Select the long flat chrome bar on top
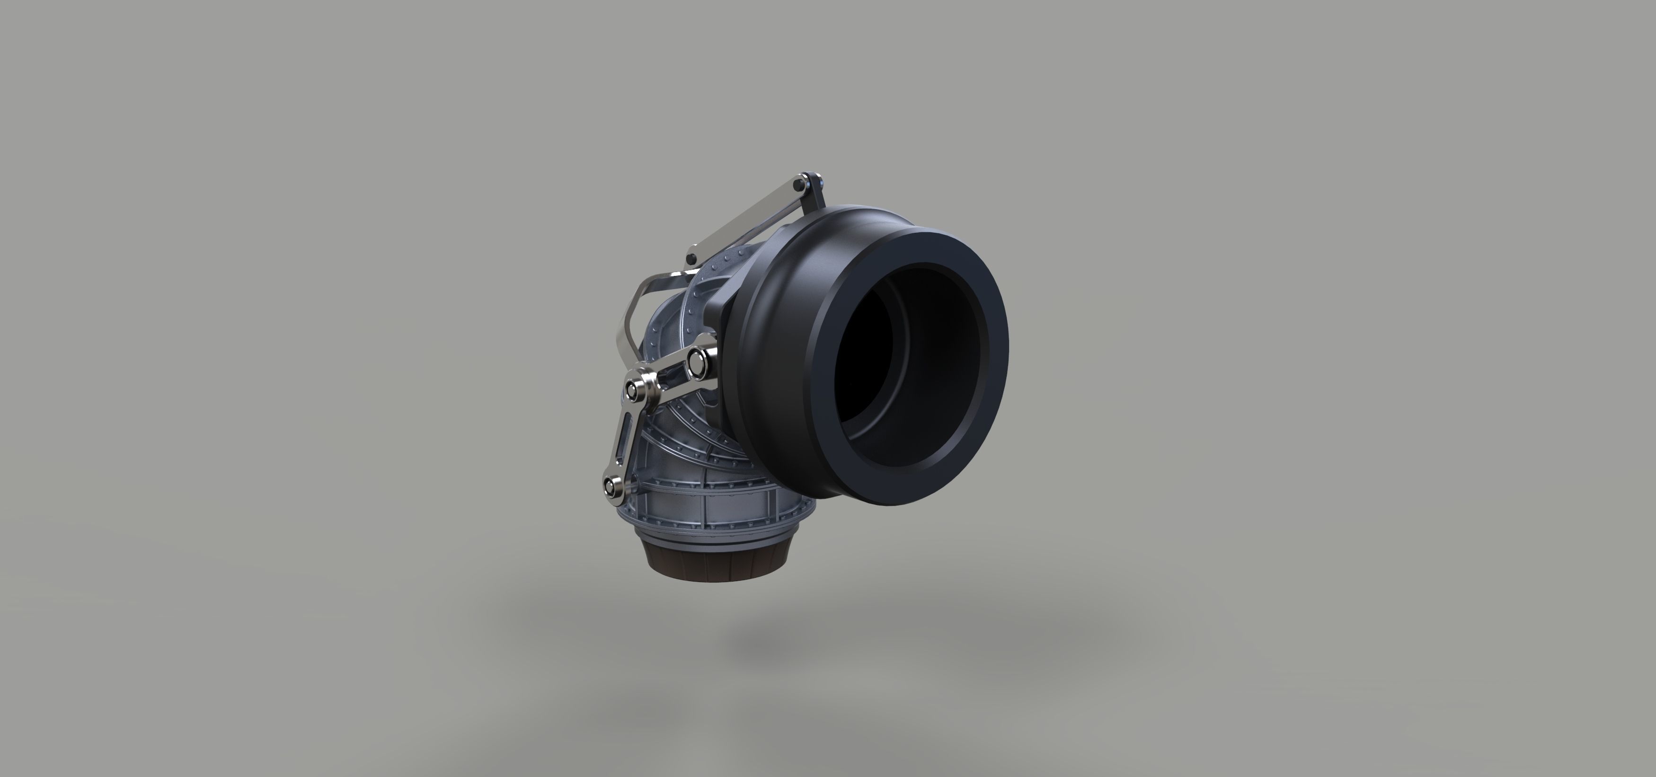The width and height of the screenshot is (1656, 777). (746, 219)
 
